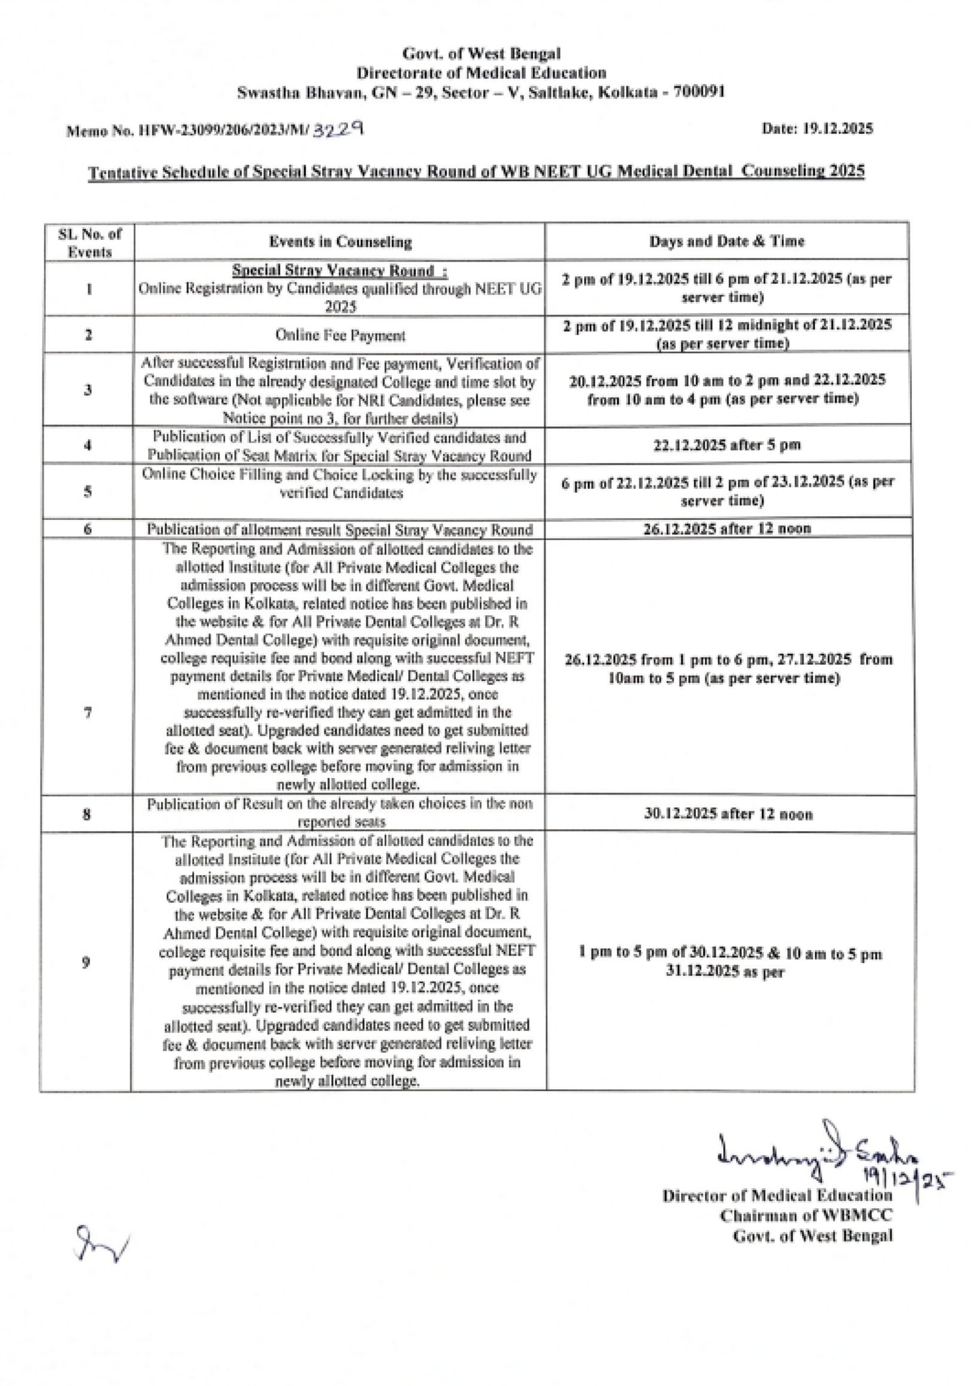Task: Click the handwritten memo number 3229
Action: coord(338,128)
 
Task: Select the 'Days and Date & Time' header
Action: coord(727,242)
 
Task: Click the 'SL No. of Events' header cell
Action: coord(89,243)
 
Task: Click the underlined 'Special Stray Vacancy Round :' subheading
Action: coord(340,271)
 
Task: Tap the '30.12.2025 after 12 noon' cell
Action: coord(728,814)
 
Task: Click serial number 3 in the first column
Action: coord(88,390)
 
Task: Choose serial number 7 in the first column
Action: coord(88,713)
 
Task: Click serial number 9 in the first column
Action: coord(86,962)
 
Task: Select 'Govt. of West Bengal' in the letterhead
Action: coord(481,54)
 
